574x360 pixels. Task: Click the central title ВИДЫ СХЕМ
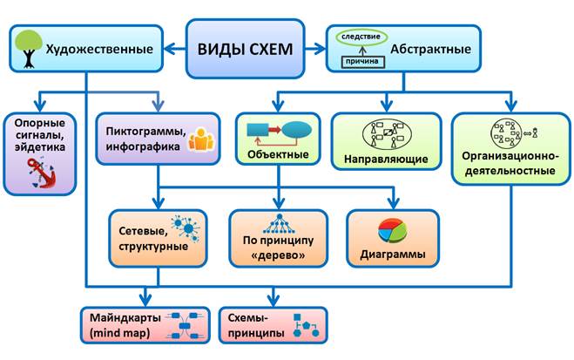(x=245, y=49)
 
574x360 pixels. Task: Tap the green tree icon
(x=29, y=49)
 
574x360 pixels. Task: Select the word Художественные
(x=99, y=49)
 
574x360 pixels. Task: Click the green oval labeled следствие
(x=361, y=37)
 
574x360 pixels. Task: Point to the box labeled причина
(x=362, y=62)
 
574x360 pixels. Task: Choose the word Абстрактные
(x=430, y=49)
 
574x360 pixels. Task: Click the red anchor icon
(x=41, y=173)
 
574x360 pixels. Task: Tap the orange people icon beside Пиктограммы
(x=201, y=139)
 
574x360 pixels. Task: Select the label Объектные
(x=278, y=154)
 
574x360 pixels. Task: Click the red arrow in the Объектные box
(x=274, y=130)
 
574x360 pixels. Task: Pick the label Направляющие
(x=386, y=160)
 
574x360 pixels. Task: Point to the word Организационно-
(x=510, y=156)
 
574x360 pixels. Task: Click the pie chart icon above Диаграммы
(x=393, y=231)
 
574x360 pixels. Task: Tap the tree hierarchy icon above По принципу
(x=279, y=224)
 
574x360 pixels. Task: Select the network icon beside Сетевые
(x=186, y=228)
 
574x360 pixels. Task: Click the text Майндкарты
(x=125, y=317)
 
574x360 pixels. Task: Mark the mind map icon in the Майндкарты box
(x=184, y=326)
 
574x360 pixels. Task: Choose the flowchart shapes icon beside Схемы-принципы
(x=306, y=326)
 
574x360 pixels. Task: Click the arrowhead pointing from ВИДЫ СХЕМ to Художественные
(x=170, y=49)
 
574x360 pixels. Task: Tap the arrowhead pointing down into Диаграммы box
(x=394, y=203)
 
